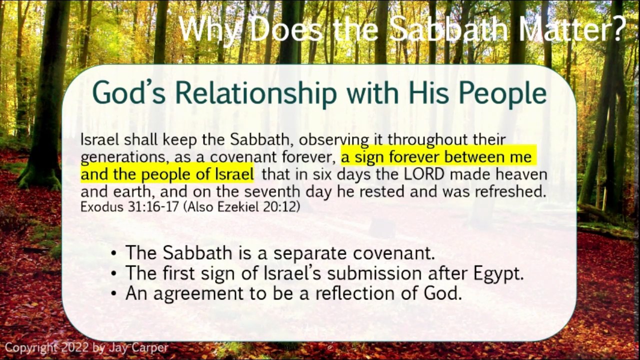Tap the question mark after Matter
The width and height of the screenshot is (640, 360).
616,29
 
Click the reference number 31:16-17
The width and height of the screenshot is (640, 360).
153,207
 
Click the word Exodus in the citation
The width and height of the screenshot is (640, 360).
102,207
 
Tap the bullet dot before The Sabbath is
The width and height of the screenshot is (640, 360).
114,253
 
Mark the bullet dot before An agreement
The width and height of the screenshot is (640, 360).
114,293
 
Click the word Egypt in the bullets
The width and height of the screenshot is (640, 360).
498,274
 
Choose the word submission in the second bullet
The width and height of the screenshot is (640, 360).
374,273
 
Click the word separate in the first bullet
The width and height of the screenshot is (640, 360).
310,254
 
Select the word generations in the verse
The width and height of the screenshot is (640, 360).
123,157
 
